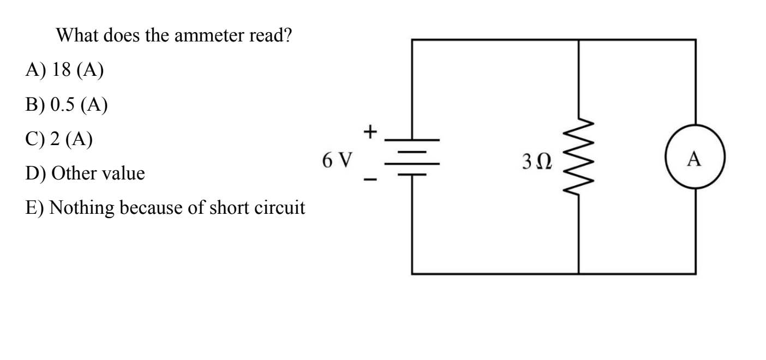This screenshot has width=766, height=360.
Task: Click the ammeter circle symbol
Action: click(695, 159)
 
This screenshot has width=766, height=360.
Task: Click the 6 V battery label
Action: click(337, 160)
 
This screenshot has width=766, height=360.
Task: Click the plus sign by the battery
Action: click(371, 131)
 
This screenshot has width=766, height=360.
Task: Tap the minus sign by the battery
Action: click(370, 181)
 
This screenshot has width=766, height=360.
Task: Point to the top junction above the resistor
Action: click(578, 40)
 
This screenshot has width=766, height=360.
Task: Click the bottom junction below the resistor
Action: click(578, 273)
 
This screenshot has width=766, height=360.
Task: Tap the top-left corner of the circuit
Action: click(412, 40)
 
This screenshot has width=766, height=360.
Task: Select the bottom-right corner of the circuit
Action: click(695, 273)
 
